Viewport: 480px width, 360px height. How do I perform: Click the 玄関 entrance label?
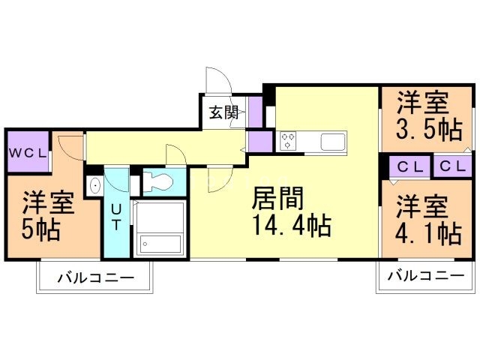pos(223,112)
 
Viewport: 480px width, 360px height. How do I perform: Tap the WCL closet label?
pos(28,152)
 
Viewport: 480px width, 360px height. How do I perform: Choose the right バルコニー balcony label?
pos(425,277)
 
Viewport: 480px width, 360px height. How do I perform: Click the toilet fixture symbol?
pos(158,181)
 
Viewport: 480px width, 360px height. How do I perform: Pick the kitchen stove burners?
pos(287,140)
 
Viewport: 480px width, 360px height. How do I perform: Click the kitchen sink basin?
pos(331,140)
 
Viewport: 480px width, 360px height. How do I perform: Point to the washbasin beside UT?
pos(94,185)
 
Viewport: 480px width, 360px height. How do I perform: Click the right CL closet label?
pos(452,166)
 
